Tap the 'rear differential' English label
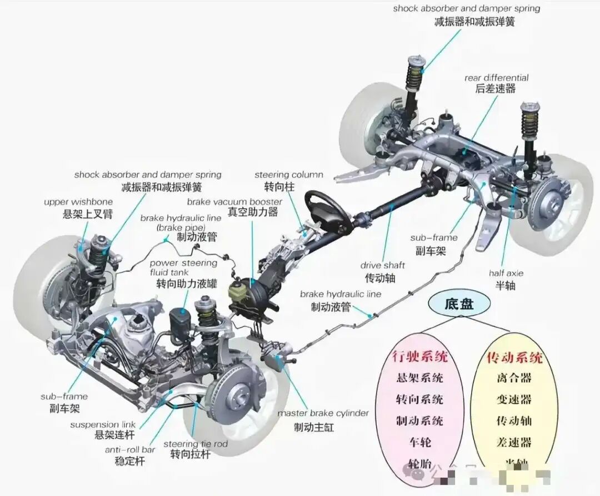(x=496, y=78)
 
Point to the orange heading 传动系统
(x=514, y=356)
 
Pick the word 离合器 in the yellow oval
(x=514, y=378)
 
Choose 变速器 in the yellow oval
(x=514, y=399)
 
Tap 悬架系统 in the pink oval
(x=419, y=378)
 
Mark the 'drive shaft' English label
(x=382, y=265)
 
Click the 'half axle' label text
(x=506, y=273)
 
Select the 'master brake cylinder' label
(x=323, y=413)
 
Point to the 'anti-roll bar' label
(x=130, y=449)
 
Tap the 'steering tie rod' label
(x=196, y=444)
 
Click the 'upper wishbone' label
(x=78, y=202)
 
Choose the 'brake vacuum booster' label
(x=234, y=201)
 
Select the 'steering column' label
(x=289, y=175)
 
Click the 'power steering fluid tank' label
(x=183, y=267)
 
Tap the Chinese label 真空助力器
(x=253, y=212)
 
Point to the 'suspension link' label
(x=103, y=425)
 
